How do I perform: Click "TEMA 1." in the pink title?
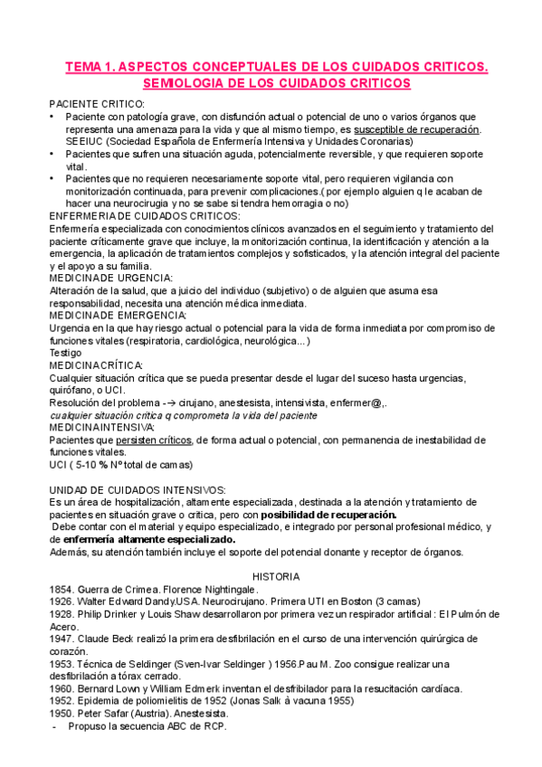[90, 66]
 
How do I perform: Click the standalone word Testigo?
[66, 352]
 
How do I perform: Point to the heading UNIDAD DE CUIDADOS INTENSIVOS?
[138, 489]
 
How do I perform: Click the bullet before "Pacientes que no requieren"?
[53, 179]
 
